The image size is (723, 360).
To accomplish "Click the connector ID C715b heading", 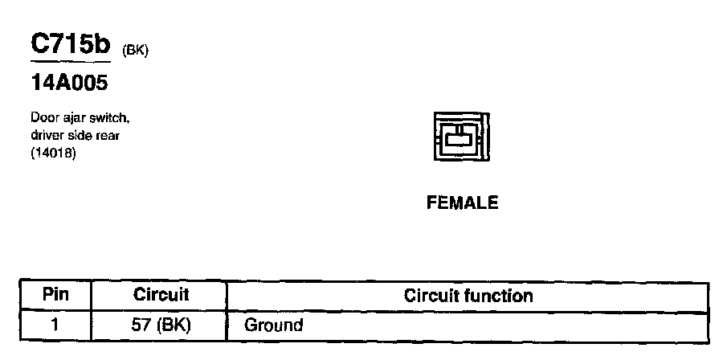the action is click(71, 45).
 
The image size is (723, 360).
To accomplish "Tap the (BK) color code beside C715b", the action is click(136, 50).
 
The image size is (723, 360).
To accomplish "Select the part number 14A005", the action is click(69, 83).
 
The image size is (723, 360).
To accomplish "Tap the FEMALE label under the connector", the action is click(462, 203).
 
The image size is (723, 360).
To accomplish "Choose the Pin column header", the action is click(55, 295).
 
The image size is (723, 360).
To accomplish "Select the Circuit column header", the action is click(161, 295).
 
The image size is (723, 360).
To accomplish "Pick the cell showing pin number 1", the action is click(55, 325).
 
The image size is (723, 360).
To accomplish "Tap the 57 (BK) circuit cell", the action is click(161, 325).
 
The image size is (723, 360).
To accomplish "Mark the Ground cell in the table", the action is click(273, 325).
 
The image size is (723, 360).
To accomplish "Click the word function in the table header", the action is click(500, 296).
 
